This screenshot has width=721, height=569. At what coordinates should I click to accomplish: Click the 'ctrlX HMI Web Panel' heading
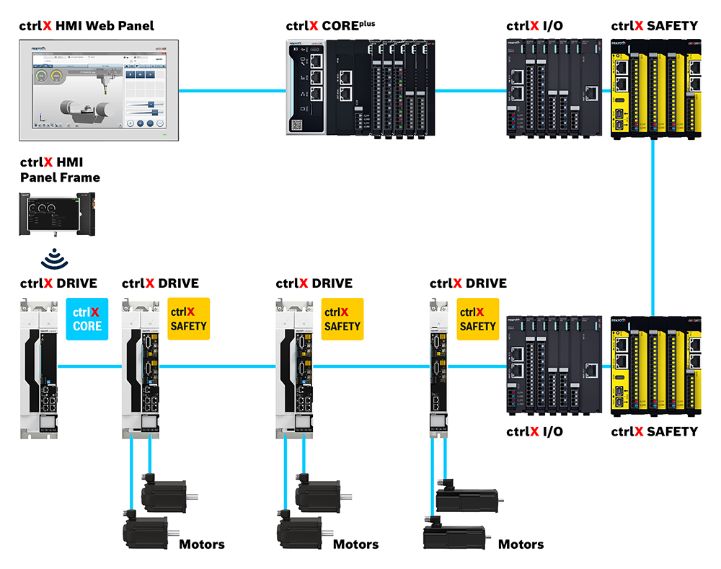[87, 26]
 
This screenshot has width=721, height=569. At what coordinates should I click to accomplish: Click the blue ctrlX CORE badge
[87, 319]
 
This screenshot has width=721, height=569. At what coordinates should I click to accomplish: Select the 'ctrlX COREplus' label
[330, 26]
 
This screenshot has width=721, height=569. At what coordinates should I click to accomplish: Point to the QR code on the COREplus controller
[297, 125]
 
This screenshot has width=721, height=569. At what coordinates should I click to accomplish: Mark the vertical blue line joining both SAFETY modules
[653, 227]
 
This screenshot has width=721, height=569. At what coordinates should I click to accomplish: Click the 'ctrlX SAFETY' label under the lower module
[654, 431]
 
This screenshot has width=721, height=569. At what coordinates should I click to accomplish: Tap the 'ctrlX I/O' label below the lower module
[534, 431]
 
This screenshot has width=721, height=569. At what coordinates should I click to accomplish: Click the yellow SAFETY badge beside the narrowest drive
[477, 319]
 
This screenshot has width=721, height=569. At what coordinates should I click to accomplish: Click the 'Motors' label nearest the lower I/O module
[521, 544]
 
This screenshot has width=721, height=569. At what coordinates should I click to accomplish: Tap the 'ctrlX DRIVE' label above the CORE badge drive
[58, 283]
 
